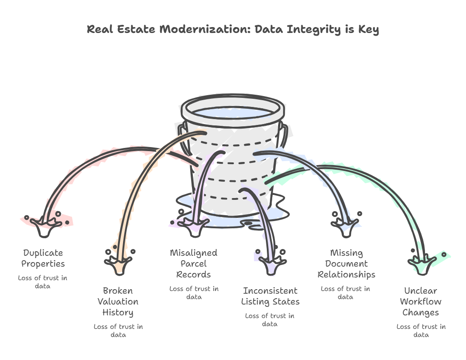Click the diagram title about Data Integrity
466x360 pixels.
233,30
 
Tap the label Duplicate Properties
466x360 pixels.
43,258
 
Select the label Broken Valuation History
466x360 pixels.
118,301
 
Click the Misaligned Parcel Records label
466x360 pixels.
193,263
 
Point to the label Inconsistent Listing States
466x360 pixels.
270,296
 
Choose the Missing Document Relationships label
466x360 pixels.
346,263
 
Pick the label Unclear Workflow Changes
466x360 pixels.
420,301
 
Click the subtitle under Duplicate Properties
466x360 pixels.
42,282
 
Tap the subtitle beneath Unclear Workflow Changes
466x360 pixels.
421,331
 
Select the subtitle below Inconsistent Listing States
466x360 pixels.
270,320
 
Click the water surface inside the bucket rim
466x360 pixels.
233,113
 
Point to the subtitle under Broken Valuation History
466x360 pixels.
118,331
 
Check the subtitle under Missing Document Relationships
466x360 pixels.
345,293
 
